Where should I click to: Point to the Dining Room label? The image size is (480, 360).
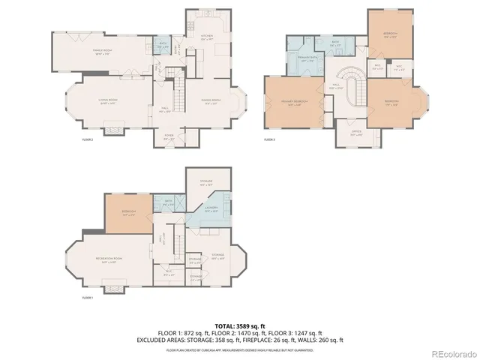click(x=211, y=101)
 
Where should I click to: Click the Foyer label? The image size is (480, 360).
click(x=170, y=138)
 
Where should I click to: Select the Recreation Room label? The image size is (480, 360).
click(x=109, y=259)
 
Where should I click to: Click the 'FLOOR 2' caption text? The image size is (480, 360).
click(x=88, y=139)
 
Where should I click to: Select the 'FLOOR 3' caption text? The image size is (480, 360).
click(x=269, y=139)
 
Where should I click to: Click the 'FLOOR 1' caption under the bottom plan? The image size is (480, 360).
click(x=87, y=298)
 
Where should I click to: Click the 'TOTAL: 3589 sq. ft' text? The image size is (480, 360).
click(x=239, y=325)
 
